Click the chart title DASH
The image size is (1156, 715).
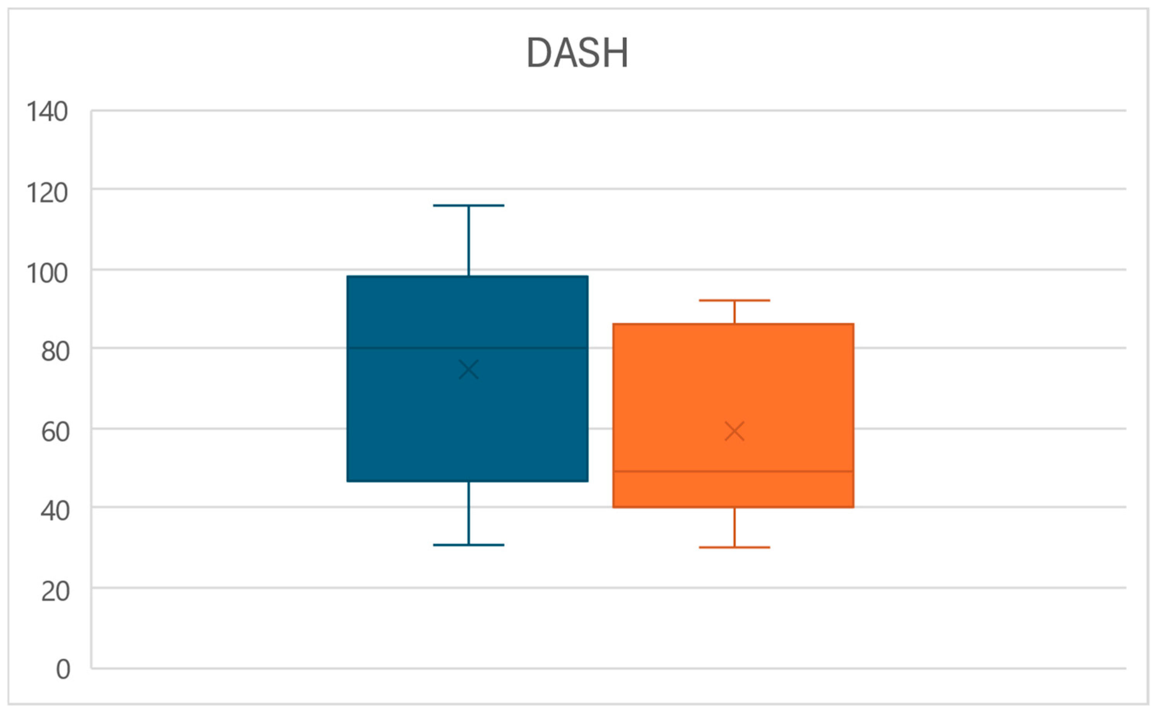(x=577, y=53)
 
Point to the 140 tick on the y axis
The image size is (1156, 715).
(x=47, y=112)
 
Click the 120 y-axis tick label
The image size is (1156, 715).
(x=47, y=193)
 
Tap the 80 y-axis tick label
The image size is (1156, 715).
(x=55, y=351)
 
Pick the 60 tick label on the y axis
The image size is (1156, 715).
(x=55, y=432)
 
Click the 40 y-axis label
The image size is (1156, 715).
(x=55, y=511)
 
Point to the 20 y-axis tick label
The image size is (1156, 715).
(x=55, y=591)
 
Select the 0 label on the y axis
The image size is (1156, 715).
(x=63, y=670)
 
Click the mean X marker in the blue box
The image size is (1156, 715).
(x=468, y=369)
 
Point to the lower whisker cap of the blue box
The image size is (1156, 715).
(x=468, y=545)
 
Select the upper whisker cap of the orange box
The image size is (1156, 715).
(x=734, y=300)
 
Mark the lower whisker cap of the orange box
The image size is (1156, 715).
(x=734, y=547)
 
